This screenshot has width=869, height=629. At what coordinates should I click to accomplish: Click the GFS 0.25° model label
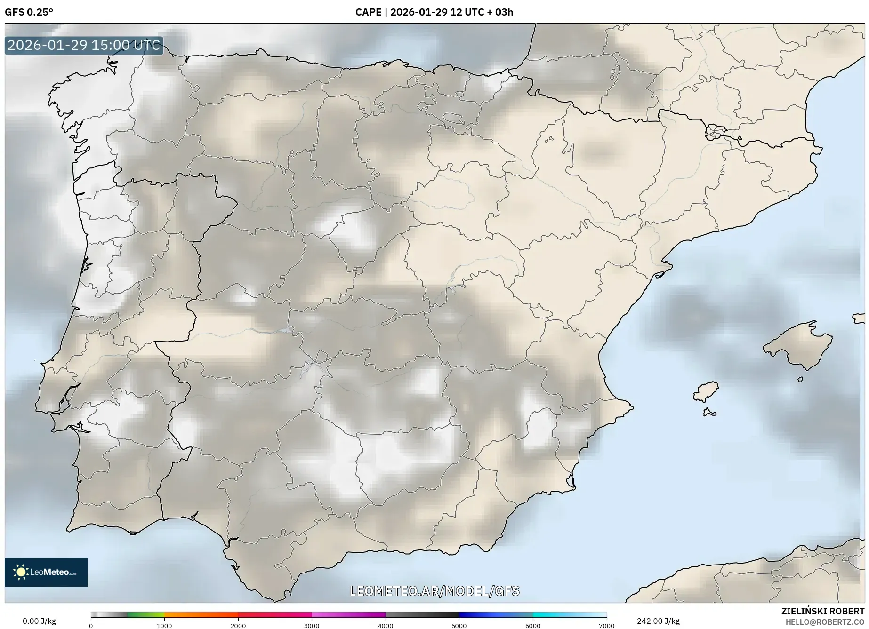(29, 12)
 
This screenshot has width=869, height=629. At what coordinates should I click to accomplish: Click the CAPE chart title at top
(434, 12)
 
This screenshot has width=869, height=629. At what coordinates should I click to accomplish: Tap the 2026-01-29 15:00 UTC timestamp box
(84, 46)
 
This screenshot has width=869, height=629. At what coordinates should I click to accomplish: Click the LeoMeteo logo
(46, 572)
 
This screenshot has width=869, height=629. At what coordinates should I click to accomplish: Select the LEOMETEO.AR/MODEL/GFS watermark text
(434, 591)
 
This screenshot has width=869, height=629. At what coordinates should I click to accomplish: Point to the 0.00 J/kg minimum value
(39, 621)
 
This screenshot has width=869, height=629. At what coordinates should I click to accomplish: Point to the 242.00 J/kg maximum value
(658, 621)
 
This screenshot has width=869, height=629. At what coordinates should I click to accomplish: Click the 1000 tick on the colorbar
(164, 625)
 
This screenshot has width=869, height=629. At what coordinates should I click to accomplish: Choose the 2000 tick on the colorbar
(238, 625)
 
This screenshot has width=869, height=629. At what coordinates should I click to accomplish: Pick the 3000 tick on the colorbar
(312, 625)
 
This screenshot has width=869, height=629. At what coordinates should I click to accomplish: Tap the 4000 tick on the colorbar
(386, 625)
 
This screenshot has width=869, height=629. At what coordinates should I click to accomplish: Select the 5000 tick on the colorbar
(459, 625)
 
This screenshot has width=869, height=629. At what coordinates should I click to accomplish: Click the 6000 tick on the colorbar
(533, 625)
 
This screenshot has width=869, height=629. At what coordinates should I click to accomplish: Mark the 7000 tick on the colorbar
(606, 625)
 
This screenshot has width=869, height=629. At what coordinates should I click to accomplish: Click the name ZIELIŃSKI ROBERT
(822, 612)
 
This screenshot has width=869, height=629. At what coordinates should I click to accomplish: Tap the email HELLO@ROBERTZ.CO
(825, 622)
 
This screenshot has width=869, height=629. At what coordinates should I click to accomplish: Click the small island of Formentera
(709, 413)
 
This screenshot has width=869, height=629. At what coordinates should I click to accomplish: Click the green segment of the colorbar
(146, 614)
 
